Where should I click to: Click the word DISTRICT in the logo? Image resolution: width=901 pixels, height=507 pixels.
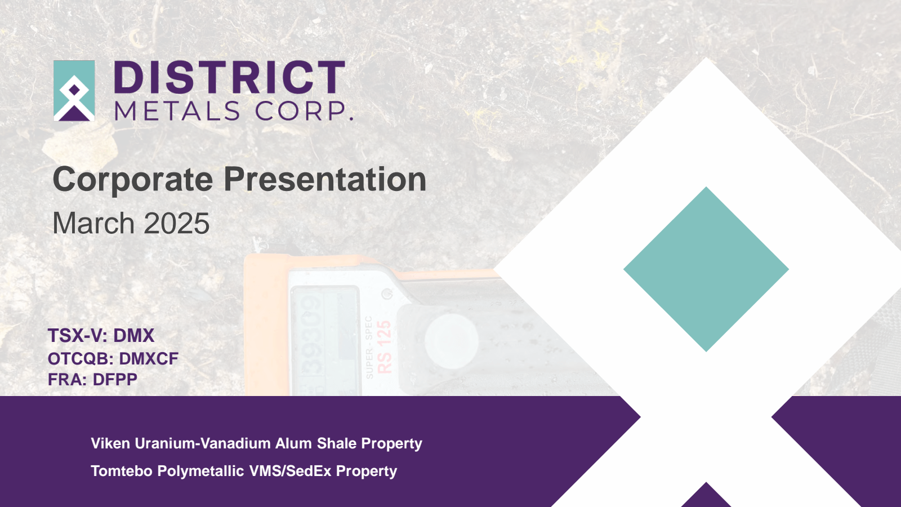click(x=229, y=78)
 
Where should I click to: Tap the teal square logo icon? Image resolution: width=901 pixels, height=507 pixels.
click(x=74, y=91)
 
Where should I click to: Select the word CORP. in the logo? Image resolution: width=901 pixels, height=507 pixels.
click(x=304, y=111)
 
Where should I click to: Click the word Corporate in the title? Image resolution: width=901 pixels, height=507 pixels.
click(x=133, y=180)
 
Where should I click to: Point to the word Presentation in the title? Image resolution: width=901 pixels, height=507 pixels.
click(x=325, y=180)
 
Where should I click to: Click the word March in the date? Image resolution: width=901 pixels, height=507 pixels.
click(x=93, y=224)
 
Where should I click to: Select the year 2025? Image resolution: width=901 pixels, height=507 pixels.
click(x=176, y=224)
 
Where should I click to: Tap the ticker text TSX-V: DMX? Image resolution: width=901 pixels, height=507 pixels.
click(x=101, y=336)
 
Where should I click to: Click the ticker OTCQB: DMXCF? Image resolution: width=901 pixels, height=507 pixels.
click(x=113, y=359)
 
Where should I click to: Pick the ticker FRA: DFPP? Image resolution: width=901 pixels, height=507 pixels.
click(x=92, y=380)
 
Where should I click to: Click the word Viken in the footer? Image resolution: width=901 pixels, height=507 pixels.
click(x=110, y=444)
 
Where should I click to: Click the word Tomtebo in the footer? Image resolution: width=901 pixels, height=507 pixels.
click(x=122, y=472)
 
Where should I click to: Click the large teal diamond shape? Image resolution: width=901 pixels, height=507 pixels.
click(x=706, y=269)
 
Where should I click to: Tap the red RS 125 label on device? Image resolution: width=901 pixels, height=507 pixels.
click(x=384, y=347)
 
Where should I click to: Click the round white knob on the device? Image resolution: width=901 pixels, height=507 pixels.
click(x=451, y=340)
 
